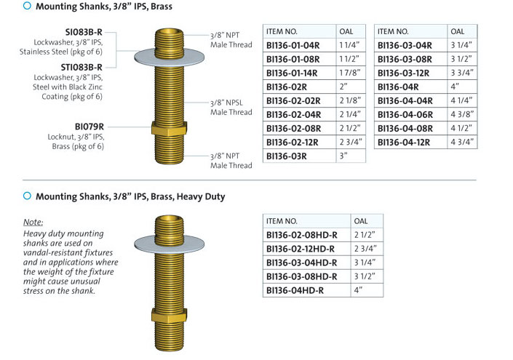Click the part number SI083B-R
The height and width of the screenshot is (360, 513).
84,32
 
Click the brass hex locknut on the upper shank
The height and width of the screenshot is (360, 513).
169,128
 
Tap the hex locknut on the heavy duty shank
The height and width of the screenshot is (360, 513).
169,315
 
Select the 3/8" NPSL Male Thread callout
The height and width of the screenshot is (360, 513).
231,107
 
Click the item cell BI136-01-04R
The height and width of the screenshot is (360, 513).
299,45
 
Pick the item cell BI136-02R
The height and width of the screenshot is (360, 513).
299,87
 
